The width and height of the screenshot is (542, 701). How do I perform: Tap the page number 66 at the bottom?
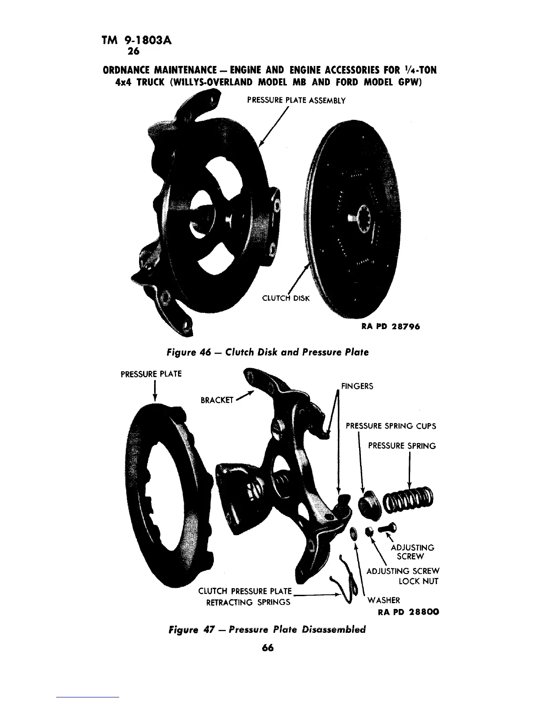pyautogui.click(x=268, y=647)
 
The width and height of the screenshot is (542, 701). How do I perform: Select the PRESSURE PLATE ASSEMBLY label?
pyautogui.click(x=296, y=100)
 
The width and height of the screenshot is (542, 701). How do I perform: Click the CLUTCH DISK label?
pyautogui.click(x=287, y=298)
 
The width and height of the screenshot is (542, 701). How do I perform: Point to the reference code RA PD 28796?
pyautogui.click(x=390, y=327)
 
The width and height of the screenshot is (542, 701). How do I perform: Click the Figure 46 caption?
pyautogui.click(x=267, y=352)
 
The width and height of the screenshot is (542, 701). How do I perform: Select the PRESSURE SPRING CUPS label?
pyautogui.click(x=391, y=426)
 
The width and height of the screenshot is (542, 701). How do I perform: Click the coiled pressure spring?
pyautogui.click(x=410, y=501)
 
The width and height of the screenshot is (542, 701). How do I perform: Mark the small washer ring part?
pyautogui.click(x=353, y=532)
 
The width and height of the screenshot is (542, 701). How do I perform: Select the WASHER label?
pyautogui.click(x=383, y=600)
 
